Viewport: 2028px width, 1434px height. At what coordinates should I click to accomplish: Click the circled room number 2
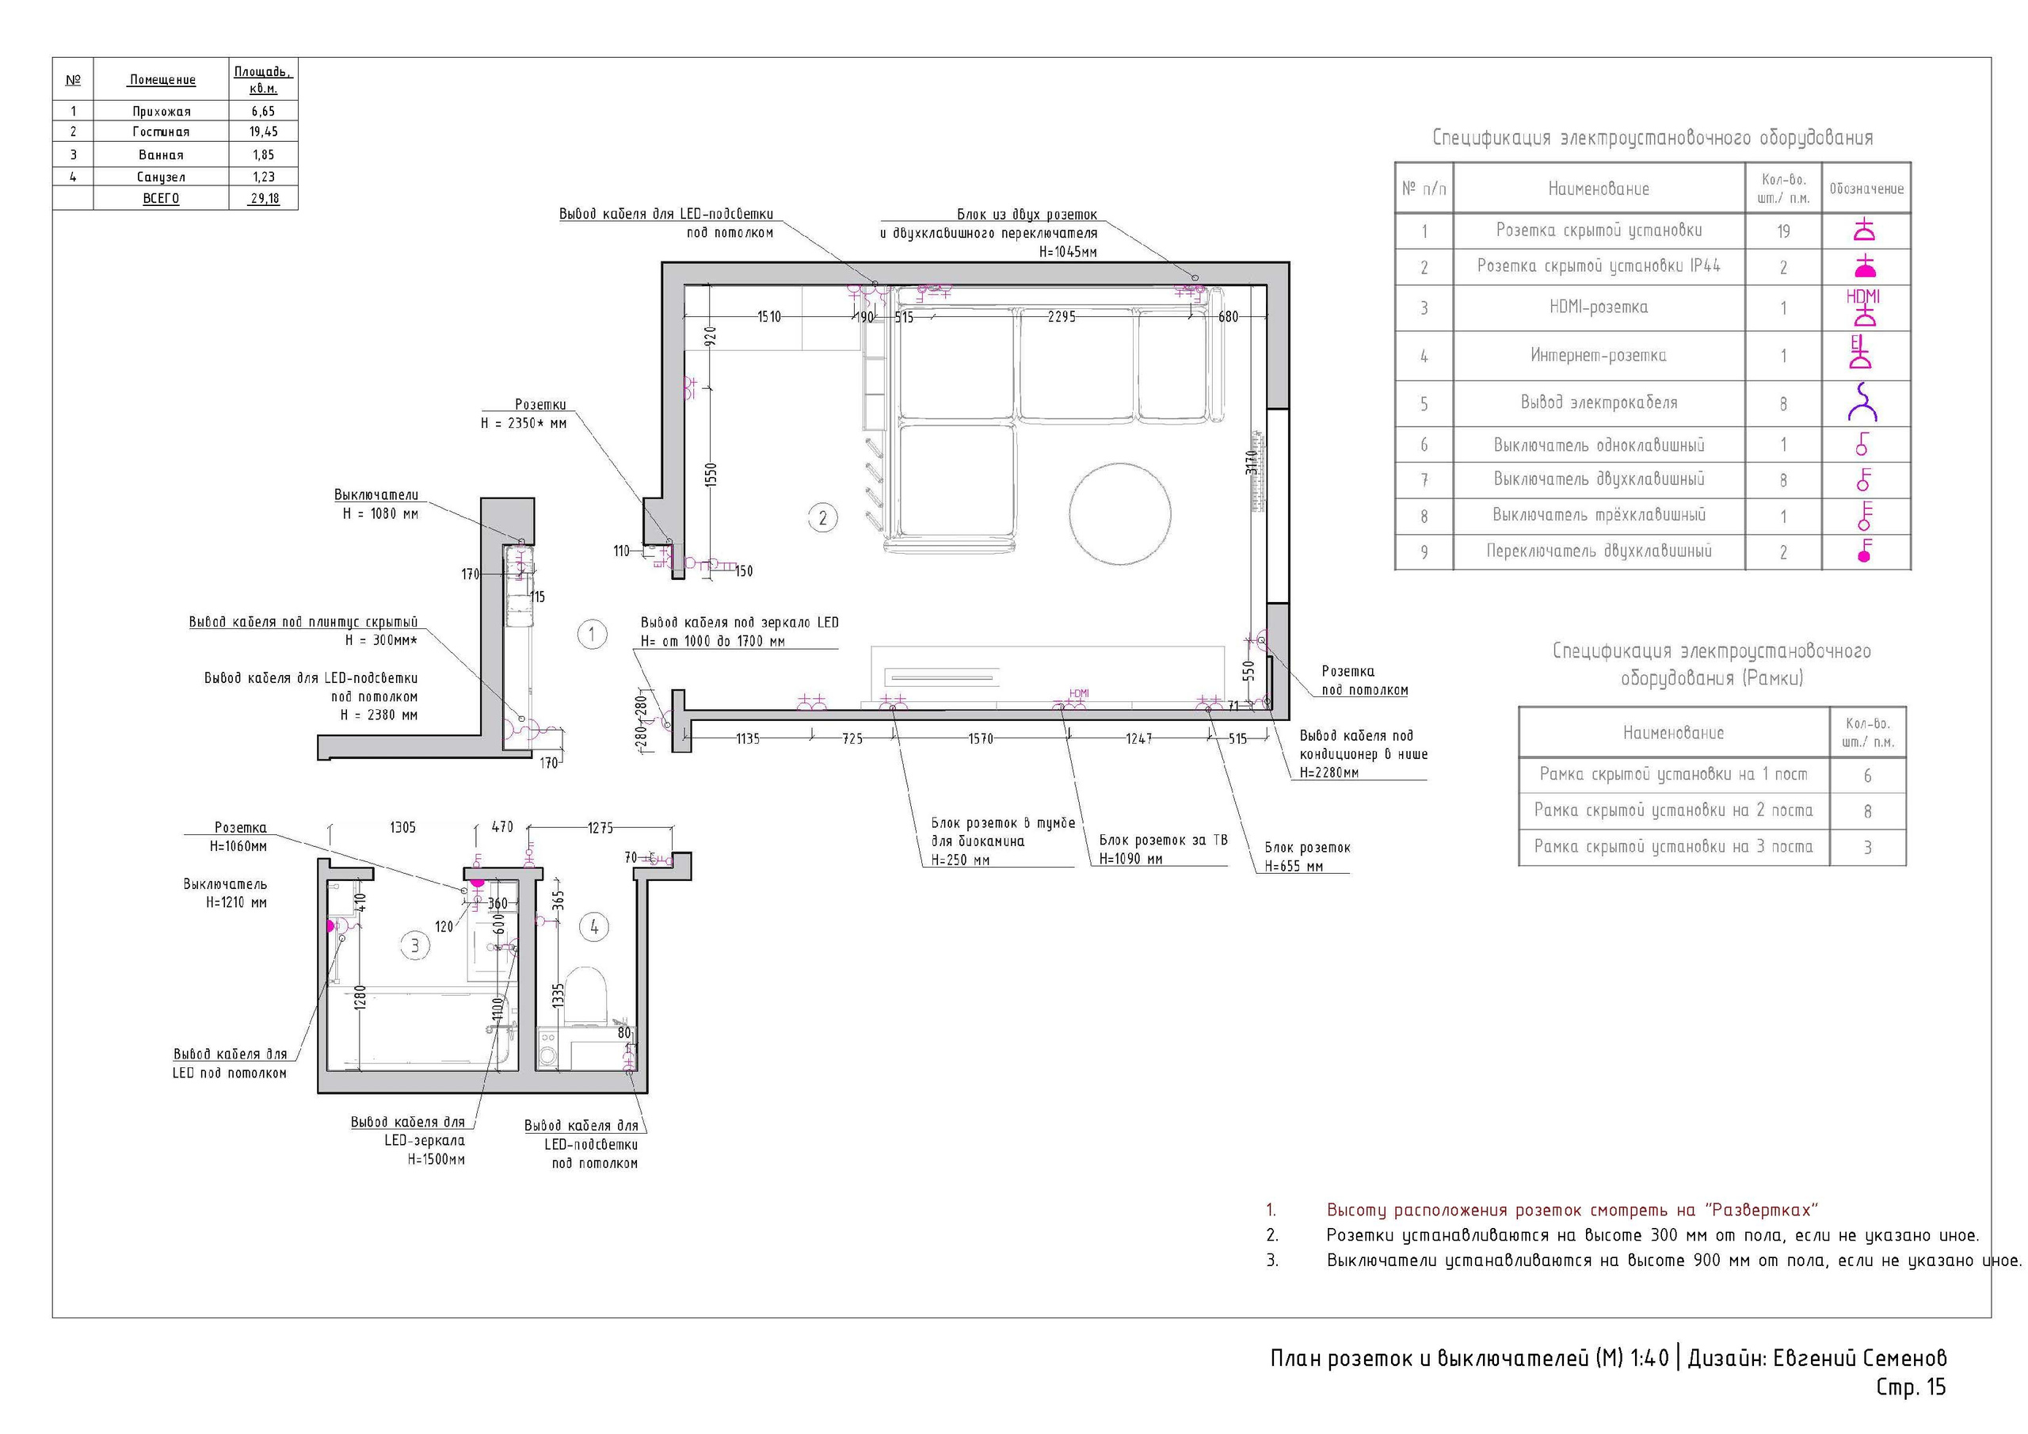pyautogui.click(x=822, y=518)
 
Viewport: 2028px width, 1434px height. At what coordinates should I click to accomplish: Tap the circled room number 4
pyautogui.click(x=593, y=927)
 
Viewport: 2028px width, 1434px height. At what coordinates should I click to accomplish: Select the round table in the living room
pyautogui.click(x=1120, y=513)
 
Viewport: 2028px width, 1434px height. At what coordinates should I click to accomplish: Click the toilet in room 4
pyautogui.click(x=585, y=996)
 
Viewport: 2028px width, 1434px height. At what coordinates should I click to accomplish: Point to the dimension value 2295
pyautogui.click(x=1061, y=316)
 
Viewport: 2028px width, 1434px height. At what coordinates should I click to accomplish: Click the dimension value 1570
pyautogui.click(x=981, y=738)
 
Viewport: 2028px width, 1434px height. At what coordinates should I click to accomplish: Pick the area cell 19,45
pyautogui.click(x=263, y=132)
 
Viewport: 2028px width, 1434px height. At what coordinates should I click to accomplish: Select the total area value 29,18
pyautogui.click(x=264, y=199)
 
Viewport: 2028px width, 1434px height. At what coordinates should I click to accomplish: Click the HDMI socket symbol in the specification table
pyautogui.click(x=1864, y=307)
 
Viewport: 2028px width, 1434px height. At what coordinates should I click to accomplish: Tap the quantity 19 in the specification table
pyautogui.click(x=1783, y=231)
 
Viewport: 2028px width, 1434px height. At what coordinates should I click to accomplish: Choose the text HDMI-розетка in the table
pyautogui.click(x=1599, y=307)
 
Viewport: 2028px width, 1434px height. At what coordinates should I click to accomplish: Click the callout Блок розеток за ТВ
pyautogui.click(x=1163, y=841)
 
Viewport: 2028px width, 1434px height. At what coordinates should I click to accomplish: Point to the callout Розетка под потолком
pyautogui.click(x=1365, y=681)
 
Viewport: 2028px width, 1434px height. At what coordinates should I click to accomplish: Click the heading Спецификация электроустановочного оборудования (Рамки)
pyautogui.click(x=1712, y=665)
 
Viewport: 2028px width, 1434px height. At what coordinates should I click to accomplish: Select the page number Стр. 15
pyautogui.click(x=1911, y=1388)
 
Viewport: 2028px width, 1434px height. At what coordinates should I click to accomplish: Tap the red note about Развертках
pyautogui.click(x=1572, y=1211)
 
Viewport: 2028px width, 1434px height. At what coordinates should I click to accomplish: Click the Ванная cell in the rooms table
pyautogui.click(x=161, y=154)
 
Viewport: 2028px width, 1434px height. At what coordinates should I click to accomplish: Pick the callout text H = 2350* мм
pyautogui.click(x=524, y=423)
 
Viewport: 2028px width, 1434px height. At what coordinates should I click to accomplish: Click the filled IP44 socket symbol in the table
pyautogui.click(x=1864, y=266)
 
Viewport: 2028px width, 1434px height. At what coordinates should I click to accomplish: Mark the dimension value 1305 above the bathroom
pyautogui.click(x=402, y=828)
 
